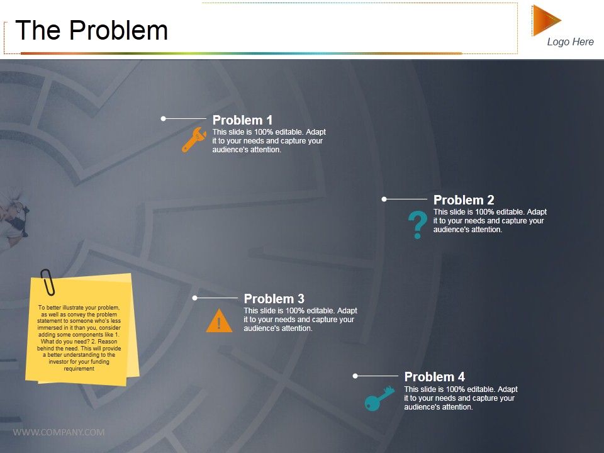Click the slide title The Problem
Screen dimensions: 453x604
pyautogui.click(x=92, y=30)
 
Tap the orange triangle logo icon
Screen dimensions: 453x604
pyautogui.click(x=545, y=20)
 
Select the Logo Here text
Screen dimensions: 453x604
pyautogui.click(x=570, y=42)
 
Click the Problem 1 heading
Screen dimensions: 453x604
pyautogui.click(x=242, y=120)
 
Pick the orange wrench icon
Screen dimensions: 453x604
pyautogui.click(x=194, y=140)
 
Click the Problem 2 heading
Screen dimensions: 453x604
pyautogui.click(x=464, y=201)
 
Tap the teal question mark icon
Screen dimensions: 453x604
pyautogui.click(x=417, y=225)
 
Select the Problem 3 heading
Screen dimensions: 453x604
pyautogui.click(x=274, y=299)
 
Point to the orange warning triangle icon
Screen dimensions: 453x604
pyautogui.click(x=218, y=322)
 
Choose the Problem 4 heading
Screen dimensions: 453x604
pyautogui.click(x=434, y=377)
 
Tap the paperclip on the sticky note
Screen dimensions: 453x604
pyautogui.click(x=47, y=282)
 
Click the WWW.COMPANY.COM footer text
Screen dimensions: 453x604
pyautogui.click(x=59, y=432)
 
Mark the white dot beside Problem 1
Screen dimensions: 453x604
pyautogui.click(x=164, y=118)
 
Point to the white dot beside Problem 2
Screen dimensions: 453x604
pyautogui.click(x=384, y=199)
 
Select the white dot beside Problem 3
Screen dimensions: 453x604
pyautogui.click(x=195, y=298)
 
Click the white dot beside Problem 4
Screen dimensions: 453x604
pyautogui.click(x=355, y=376)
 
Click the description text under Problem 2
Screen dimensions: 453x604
pyautogui.click(x=489, y=221)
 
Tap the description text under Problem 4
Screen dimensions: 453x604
pyautogui.click(x=461, y=398)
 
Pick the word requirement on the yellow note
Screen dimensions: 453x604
pyautogui.click(x=79, y=369)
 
